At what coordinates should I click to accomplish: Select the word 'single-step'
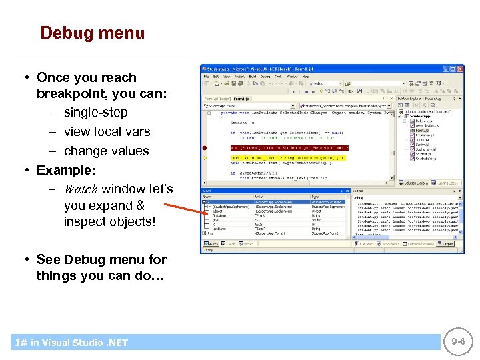(95, 113)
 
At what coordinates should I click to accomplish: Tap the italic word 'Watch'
(81, 189)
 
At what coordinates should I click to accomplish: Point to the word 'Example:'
(66, 170)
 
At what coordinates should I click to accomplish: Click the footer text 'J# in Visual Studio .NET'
(71, 343)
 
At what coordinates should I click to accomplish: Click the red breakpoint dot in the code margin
(205, 147)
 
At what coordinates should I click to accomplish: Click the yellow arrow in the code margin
(205, 157)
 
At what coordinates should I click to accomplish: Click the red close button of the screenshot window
(459, 68)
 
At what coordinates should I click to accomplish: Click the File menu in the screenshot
(207, 77)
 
